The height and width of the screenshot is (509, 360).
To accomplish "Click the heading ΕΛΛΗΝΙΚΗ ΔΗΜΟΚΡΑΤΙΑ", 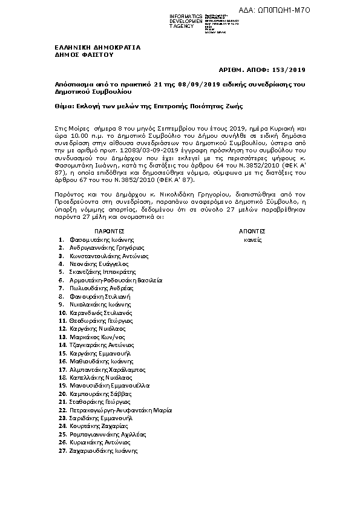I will click(x=89, y=47).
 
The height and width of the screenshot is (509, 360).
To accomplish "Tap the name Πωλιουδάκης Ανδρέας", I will click(x=100, y=288).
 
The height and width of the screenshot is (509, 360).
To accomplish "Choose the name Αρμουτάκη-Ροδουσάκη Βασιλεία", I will click(x=116, y=280).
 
